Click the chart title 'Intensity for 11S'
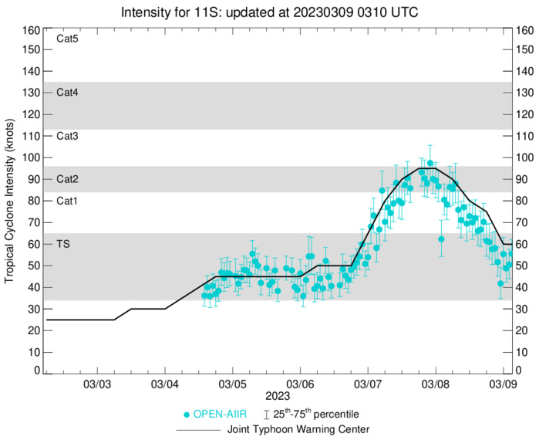pyautogui.click(x=269, y=13)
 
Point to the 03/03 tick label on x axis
pyautogui.click(x=97, y=384)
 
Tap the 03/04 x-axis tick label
pyautogui.click(x=165, y=384)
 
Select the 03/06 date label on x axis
pyautogui.click(x=300, y=384)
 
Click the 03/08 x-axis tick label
pyautogui.click(x=436, y=384)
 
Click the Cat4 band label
pyautogui.click(x=68, y=93)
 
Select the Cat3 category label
pyautogui.click(x=68, y=136)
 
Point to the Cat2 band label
pyautogui.click(x=68, y=179)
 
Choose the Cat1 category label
pyautogui.click(x=68, y=201)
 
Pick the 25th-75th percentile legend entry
pyautogui.click(x=316, y=415)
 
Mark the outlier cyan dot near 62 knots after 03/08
pyautogui.click(x=441, y=239)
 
